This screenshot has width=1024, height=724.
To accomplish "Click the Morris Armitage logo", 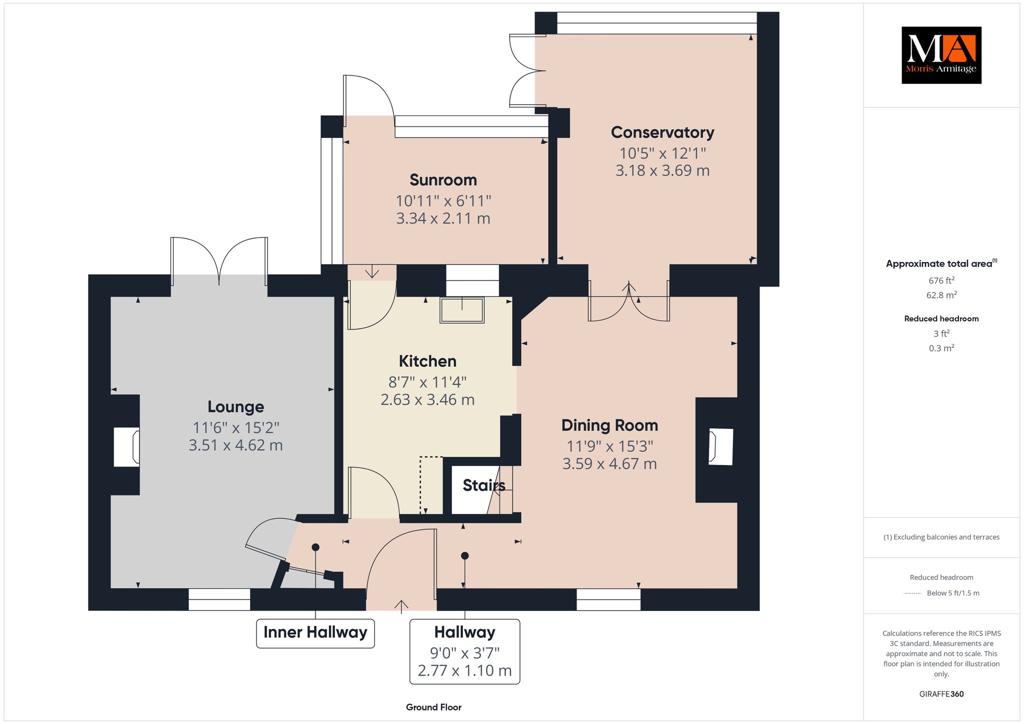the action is tap(941, 55).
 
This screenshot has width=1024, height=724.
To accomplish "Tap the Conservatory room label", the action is tap(662, 132).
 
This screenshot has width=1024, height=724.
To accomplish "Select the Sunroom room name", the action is tap(443, 180).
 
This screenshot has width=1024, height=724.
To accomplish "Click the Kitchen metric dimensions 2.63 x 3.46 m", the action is tap(427, 399).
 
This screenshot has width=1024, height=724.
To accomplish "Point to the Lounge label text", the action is tap(235, 407).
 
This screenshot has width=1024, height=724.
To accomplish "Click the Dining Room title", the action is tap(609, 425).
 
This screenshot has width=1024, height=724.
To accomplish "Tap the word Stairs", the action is tap(483, 485).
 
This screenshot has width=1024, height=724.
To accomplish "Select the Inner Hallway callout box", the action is tap(315, 633).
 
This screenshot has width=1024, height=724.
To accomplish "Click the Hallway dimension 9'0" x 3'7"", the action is tap(465, 653).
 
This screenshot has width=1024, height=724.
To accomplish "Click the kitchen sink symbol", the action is tap(462, 310).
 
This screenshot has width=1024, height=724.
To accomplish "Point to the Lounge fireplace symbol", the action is tap(126, 447).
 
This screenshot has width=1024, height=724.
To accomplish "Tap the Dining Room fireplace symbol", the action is tap(720, 446).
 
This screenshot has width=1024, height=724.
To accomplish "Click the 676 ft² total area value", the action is tap(941, 280).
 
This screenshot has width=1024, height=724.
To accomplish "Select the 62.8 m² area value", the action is tap(941, 295).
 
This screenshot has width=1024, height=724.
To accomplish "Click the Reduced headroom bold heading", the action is tap(941, 319).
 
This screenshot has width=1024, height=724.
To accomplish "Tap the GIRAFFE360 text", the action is tap(941, 694).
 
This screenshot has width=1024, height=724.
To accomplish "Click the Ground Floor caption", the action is tap(433, 707).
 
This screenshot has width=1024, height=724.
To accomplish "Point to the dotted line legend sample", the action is tap(912, 593).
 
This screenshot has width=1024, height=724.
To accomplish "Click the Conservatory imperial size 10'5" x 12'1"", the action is tap(662, 153).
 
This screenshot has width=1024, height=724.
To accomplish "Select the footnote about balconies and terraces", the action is tap(941, 537).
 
